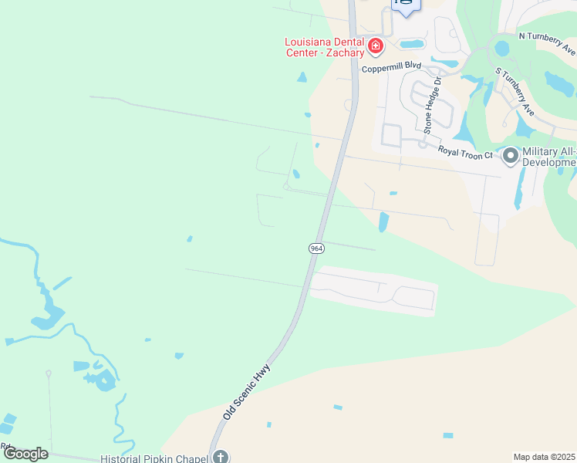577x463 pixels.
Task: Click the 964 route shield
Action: (316, 248)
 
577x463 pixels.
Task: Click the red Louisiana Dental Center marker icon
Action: (376, 47)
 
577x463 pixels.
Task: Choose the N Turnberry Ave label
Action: (547, 43)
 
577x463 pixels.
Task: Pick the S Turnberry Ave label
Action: (515, 91)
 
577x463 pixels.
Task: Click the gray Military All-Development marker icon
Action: (510, 157)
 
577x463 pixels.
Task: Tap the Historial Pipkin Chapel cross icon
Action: (221, 457)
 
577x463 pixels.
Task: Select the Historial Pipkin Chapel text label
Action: (155, 458)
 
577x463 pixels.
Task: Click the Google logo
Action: (25, 453)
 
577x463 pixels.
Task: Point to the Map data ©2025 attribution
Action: (544, 457)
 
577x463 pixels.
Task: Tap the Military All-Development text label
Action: (549, 157)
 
